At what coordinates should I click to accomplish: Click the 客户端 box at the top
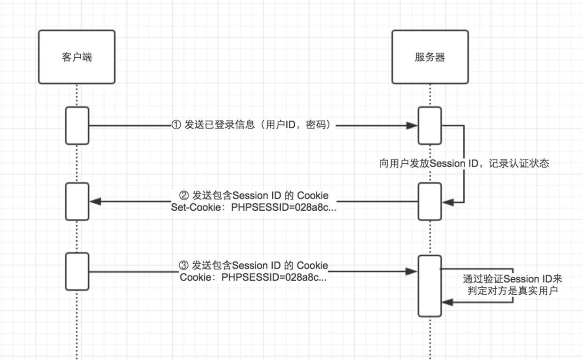point(77,57)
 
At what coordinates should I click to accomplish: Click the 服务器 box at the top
point(430,57)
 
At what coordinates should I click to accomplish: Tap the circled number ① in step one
point(176,125)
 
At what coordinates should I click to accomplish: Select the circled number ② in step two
point(184,195)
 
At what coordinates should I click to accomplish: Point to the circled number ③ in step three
point(184,266)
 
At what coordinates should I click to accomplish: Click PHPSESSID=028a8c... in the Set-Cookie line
point(284,207)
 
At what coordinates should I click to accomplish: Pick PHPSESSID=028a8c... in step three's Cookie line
point(274,277)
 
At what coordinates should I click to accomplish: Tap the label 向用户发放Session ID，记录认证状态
point(464,163)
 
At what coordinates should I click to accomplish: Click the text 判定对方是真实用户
point(512,291)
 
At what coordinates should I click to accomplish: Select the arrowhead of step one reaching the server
point(412,125)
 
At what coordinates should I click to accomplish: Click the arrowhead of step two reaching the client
point(95,201)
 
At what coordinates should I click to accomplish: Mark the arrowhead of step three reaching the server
point(412,271)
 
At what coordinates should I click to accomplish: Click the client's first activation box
point(77,125)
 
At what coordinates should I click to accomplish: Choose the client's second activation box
point(77,201)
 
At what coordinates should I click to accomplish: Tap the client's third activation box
point(77,271)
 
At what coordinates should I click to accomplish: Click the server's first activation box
point(430,125)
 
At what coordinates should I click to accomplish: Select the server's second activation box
point(430,201)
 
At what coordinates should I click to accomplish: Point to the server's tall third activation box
point(430,286)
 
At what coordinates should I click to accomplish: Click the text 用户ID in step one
point(279,125)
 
